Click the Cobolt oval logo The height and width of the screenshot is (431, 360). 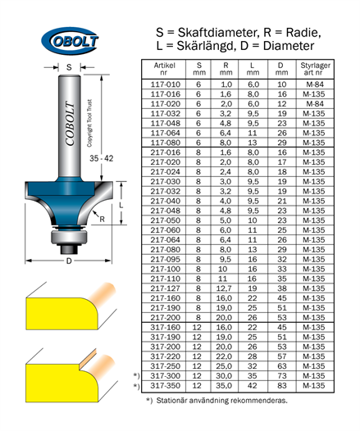click(x=70, y=40)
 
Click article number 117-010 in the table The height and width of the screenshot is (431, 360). click(x=166, y=84)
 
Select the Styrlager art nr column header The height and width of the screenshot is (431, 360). click(x=315, y=69)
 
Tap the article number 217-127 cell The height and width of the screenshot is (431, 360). click(x=166, y=288)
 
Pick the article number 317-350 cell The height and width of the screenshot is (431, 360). click(x=166, y=386)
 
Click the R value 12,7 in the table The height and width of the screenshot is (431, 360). click(x=224, y=288)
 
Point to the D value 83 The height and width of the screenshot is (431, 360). click(x=282, y=386)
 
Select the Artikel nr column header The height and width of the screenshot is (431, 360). click(x=164, y=69)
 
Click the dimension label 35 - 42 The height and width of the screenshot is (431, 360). click(x=101, y=158)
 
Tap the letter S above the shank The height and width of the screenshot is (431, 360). click(x=69, y=67)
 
